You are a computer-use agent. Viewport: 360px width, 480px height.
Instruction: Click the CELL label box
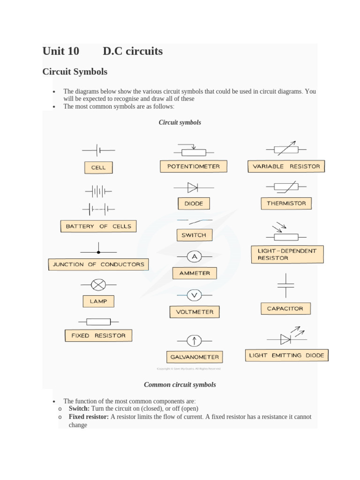pyautogui.click(x=98, y=167)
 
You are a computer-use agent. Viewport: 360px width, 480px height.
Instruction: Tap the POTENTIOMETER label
pyautogui.click(x=193, y=166)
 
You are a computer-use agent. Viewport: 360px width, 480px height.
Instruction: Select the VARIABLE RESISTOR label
pyautogui.click(x=286, y=166)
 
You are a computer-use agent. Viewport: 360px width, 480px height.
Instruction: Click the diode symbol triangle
pyautogui.click(x=193, y=187)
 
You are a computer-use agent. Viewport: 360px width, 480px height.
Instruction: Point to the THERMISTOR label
pyautogui.click(x=286, y=203)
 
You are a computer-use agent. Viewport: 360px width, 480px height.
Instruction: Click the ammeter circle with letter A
pyautogui.click(x=195, y=256)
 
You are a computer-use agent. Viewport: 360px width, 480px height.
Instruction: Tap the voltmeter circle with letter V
pyautogui.click(x=194, y=295)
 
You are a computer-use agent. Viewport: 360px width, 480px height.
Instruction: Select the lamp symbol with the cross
pyautogui.click(x=98, y=285)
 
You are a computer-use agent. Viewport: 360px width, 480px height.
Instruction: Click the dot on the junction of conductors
pyautogui.click(x=98, y=252)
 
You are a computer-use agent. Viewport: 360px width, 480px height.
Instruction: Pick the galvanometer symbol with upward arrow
pyautogui.click(x=194, y=340)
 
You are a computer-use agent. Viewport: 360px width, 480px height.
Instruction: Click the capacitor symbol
pyautogui.click(x=285, y=285)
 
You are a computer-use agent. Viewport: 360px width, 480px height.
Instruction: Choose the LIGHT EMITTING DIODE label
pyautogui.click(x=286, y=355)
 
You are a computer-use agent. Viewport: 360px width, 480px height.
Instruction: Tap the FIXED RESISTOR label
pyautogui.click(x=98, y=336)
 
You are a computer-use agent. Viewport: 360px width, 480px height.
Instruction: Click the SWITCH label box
pyautogui.click(x=194, y=235)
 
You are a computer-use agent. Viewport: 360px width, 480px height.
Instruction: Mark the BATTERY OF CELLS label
pyautogui.click(x=98, y=226)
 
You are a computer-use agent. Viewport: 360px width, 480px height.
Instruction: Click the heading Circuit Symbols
pyautogui.click(x=75, y=72)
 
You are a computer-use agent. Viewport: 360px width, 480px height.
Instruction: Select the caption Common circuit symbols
pyautogui.click(x=180, y=384)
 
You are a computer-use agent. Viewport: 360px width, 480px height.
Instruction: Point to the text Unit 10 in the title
pyautogui.click(x=61, y=51)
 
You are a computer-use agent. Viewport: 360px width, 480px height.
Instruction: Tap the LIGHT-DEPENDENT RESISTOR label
pyautogui.click(x=287, y=255)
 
